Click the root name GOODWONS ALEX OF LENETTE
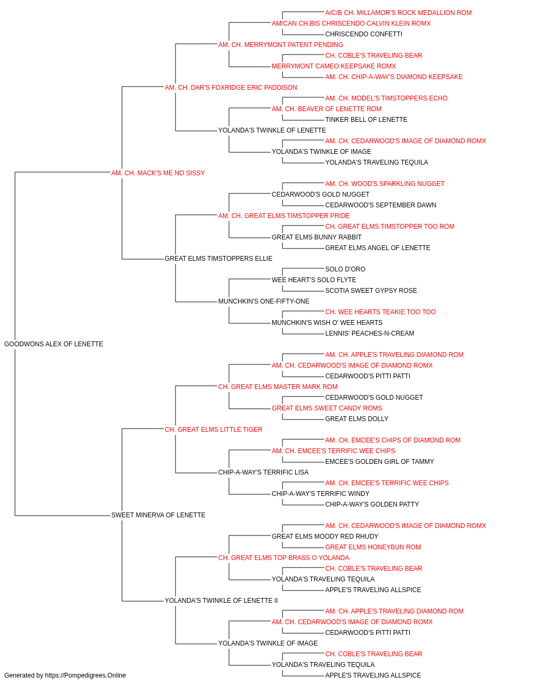pos(53,344)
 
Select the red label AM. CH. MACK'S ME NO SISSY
pos(158,173)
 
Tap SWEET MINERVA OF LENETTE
pos(158,515)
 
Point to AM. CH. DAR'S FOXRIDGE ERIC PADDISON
pos(231,88)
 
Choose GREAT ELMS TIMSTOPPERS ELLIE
pos(218,259)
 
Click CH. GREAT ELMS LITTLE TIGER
pos(213,429)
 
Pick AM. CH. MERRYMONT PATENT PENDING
pos(280,45)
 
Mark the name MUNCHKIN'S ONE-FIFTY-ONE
pos(264,301)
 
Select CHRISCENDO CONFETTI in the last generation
pos(364,34)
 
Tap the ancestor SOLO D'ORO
pos(345,269)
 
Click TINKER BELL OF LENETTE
pos(366,120)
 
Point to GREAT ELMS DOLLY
pos(357,418)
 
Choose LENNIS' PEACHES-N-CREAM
pos(370,333)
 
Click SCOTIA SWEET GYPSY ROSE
pos(371,291)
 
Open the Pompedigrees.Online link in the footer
pos(85,675)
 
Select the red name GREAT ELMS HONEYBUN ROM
pos(373,547)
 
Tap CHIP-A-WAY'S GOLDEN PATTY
pos(372,504)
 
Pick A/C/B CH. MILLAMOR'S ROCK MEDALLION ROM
pos(398,13)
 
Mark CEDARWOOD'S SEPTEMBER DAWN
pos(380,205)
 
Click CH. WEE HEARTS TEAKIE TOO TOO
pos(380,312)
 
